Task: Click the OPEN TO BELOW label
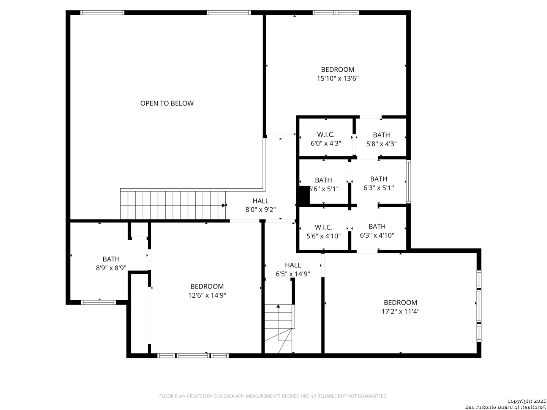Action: click(x=167, y=103)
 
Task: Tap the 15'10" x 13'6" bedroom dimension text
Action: click(x=338, y=79)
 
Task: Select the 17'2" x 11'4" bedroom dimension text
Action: click(x=400, y=312)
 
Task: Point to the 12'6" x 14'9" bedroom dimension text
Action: click(x=207, y=295)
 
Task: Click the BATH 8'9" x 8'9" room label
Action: click(x=111, y=263)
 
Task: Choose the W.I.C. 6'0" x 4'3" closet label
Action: click(x=326, y=139)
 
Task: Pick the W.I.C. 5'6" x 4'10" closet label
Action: click(x=323, y=232)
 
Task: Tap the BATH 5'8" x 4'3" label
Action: click(x=381, y=139)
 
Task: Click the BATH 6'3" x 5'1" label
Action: click(x=378, y=183)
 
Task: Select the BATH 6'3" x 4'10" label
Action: click(x=377, y=231)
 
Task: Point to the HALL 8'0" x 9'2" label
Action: click(x=261, y=205)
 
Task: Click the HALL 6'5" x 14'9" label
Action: click(x=292, y=270)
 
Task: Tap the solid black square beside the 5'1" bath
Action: click(x=304, y=195)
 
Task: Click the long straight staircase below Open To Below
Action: click(x=173, y=205)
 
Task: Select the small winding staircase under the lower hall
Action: click(x=279, y=328)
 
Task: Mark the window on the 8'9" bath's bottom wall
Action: click(x=98, y=302)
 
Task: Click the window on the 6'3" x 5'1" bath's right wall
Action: click(x=408, y=182)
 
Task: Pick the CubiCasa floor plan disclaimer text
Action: click(x=273, y=396)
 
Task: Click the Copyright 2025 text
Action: click(x=526, y=401)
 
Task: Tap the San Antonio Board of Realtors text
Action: click(x=505, y=407)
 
